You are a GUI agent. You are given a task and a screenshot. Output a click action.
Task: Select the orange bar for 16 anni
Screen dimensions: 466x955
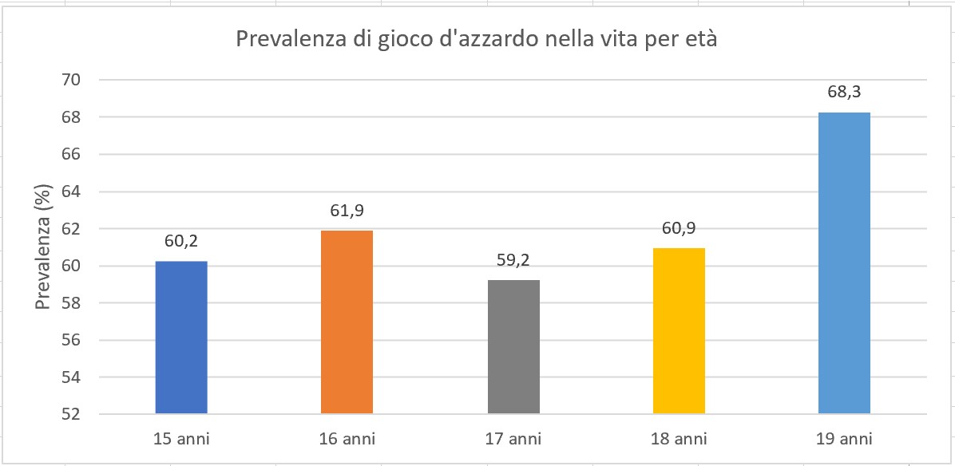pos(347,322)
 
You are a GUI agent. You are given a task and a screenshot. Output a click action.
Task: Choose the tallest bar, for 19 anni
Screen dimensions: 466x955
pos(845,263)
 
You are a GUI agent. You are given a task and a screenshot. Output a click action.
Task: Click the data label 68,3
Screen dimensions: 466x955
pos(845,93)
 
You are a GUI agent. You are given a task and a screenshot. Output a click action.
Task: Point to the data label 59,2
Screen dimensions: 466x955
pos(513,260)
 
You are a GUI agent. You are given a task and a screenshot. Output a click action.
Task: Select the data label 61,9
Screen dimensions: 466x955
pos(347,211)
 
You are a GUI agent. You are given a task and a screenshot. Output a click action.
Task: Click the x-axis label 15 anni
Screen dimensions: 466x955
pos(180,439)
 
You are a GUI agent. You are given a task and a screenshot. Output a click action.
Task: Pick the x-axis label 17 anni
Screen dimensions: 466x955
pos(513,439)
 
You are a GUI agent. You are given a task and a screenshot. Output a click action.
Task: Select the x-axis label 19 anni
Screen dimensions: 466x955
pos(845,439)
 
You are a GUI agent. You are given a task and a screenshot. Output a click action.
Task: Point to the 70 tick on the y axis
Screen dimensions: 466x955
pos(69,80)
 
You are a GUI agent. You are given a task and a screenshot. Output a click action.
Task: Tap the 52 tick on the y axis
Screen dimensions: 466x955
pos(69,414)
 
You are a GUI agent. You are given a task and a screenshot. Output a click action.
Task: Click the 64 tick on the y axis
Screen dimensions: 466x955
pos(69,192)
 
